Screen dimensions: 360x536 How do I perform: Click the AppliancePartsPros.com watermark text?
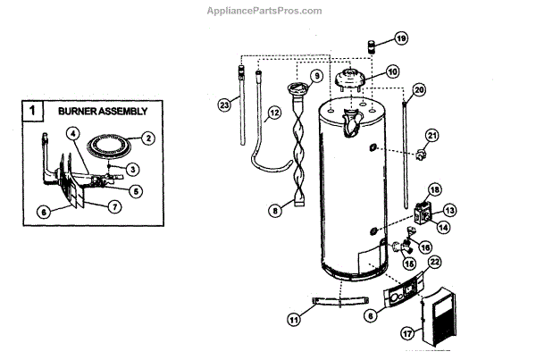pos(267,10)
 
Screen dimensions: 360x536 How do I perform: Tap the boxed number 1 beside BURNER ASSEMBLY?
pos(33,112)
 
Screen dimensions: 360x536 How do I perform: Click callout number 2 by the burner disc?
pos(148,138)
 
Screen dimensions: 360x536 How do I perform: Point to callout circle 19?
pos(400,38)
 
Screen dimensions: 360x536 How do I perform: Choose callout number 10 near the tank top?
pos(392,71)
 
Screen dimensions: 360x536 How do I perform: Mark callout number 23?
pos(224,105)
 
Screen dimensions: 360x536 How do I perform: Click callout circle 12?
pos(274,112)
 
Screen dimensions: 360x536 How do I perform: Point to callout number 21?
pos(432,136)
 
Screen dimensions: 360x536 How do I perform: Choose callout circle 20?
pos(420,89)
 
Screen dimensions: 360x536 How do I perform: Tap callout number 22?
pos(435,262)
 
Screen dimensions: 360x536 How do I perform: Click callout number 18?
pos(435,189)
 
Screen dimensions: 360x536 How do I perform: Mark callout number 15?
pos(409,264)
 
